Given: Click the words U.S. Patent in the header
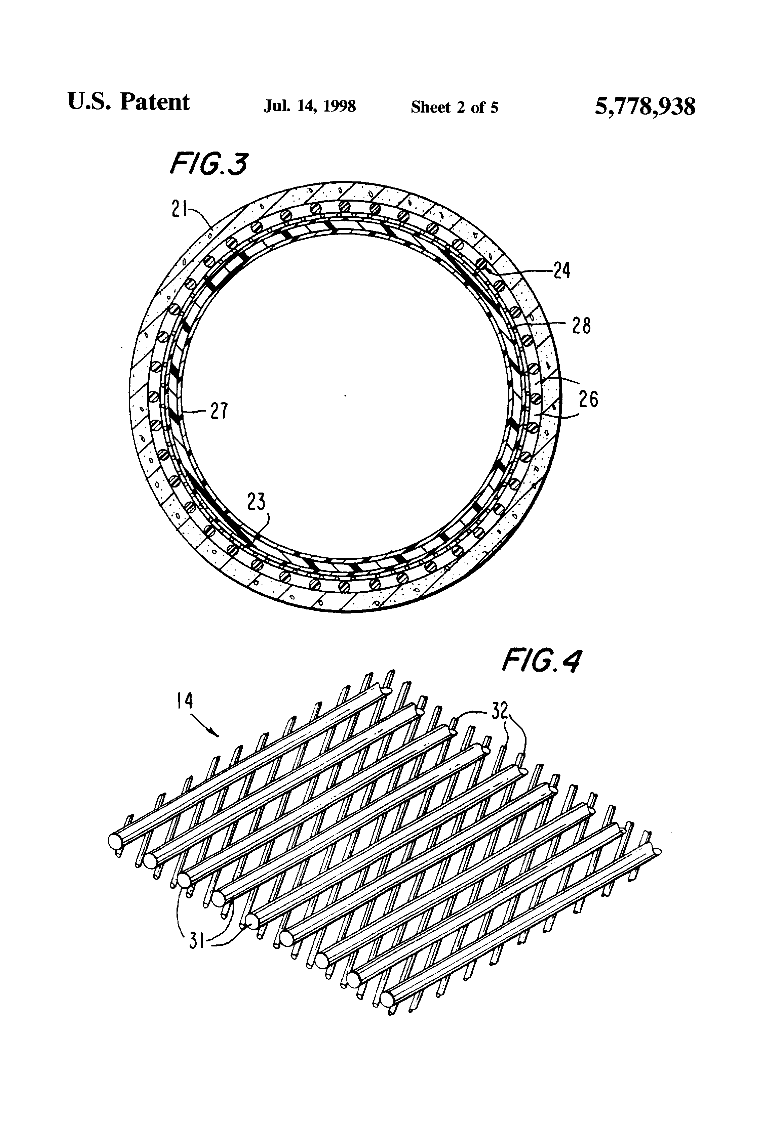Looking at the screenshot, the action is point(128,102).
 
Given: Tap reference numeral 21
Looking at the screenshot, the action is point(180,210).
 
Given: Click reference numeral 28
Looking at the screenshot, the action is point(581,326).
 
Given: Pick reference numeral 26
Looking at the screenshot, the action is point(588,398).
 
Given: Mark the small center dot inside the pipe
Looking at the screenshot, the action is point(345,395).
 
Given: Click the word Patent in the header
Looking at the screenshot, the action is point(154,102).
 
